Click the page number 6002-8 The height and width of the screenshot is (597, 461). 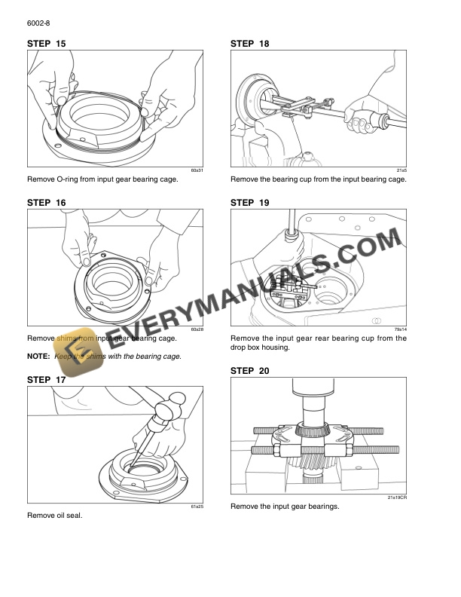pyautogui.click(x=38, y=24)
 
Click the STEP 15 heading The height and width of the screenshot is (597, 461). pyautogui.click(x=46, y=44)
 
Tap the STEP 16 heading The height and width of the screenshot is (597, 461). pyautogui.click(x=46, y=203)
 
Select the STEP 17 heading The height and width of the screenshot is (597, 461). pyautogui.click(x=46, y=380)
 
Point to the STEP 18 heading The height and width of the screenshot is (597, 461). pyautogui.click(x=249, y=44)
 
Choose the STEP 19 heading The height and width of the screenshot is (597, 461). pyautogui.click(x=249, y=203)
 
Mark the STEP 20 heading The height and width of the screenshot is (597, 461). pyautogui.click(x=249, y=371)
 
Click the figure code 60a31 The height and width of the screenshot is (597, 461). pyautogui.click(x=197, y=171)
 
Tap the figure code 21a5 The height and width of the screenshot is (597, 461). pyautogui.click(x=401, y=171)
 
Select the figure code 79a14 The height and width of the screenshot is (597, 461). pyautogui.click(x=400, y=329)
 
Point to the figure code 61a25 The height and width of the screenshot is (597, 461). pyautogui.click(x=197, y=507)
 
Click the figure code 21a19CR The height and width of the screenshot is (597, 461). pyautogui.click(x=397, y=497)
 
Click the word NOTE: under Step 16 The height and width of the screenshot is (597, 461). pyautogui.click(x=38, y=356)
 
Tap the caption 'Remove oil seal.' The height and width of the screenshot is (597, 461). pyautogui.click(x=54, y=516)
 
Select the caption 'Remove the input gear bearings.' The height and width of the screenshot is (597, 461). pyautogui.click(x=285, y=506)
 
